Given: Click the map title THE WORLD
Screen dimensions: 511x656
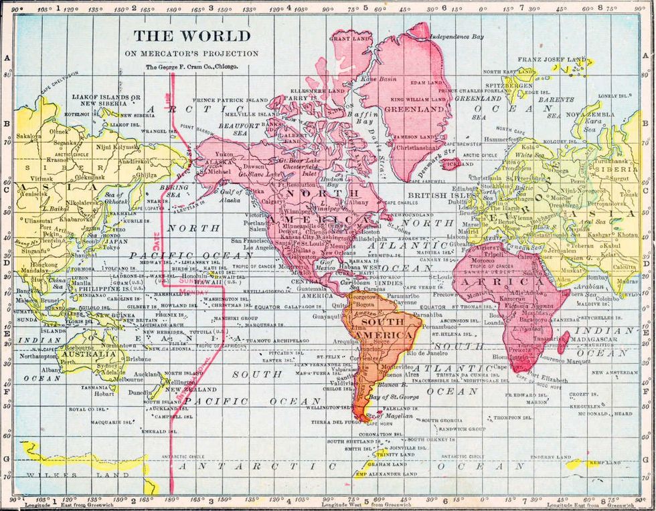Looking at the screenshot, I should [191, 36].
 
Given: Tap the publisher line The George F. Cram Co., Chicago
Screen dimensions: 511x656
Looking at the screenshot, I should [191, 67].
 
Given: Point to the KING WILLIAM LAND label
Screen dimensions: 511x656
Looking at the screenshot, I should [412, 99].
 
